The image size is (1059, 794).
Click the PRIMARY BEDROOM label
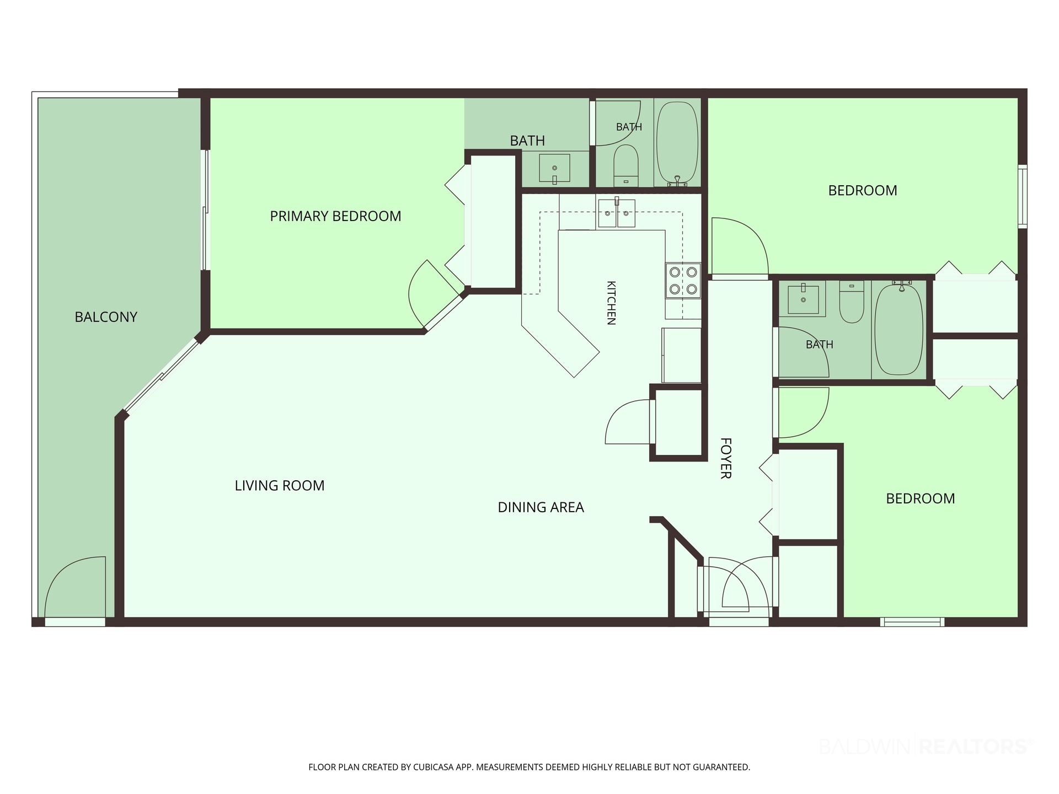tap(335, 216)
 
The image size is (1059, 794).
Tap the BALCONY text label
tap(106, 317)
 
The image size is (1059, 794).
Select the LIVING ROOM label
tap(280, 485)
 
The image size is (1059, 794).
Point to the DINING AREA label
tap(541, 507)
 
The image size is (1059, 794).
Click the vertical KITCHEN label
tap(611, 303)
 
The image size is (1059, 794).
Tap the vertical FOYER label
tap(726, 458)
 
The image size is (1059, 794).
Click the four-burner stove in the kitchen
tap(683, 281)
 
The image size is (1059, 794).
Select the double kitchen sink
tap(616, 213)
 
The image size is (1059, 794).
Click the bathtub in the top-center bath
tap(677, 142)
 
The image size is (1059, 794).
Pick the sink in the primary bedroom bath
tap(554, 168)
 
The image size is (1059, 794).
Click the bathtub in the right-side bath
tap(899, 329)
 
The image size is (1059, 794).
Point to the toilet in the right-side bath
tap(852, 302)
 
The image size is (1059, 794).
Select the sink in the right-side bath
tap(803, 299)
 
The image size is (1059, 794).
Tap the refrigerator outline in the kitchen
tap(682, 356)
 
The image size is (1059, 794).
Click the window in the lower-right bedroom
tap(912, 622)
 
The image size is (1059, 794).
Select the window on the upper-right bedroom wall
tap(1023, 196)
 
